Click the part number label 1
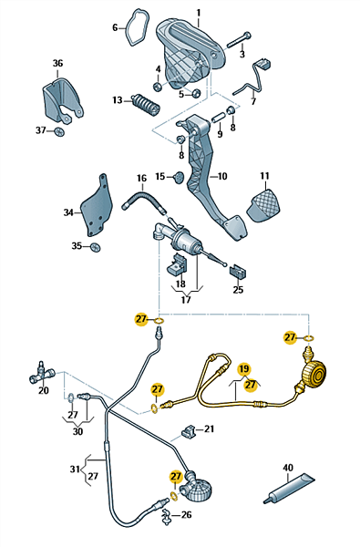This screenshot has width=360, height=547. click(x=199, y=14)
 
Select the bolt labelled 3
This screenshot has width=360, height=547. click(x=240, y=40)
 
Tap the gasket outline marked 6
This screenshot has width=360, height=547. click(x=137, y=28)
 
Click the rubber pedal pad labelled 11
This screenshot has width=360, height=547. click(x=263, y=205)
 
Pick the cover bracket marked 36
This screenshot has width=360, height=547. click(x=63, y=100)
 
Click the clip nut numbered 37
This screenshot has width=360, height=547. click(x=60, y=132)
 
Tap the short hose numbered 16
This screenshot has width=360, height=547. click(x=144, y=201)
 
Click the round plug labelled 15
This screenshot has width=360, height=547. click(x=179, y=177)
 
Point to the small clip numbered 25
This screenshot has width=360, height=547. click(x=238, y=272)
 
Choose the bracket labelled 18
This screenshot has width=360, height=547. click(x=177, y=264)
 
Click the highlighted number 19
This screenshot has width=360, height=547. click(x=244, y=369)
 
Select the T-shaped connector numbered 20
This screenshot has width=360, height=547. click(x=41, y=373)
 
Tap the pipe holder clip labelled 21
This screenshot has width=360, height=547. click(x=189, y=431)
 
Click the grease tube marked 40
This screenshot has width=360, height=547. click(x=289, y=488)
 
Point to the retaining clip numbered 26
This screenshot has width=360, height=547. click(x=167, y=516)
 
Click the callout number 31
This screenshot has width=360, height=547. click(x=75, y=470)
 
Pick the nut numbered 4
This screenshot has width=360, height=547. click(x=158, y=87)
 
